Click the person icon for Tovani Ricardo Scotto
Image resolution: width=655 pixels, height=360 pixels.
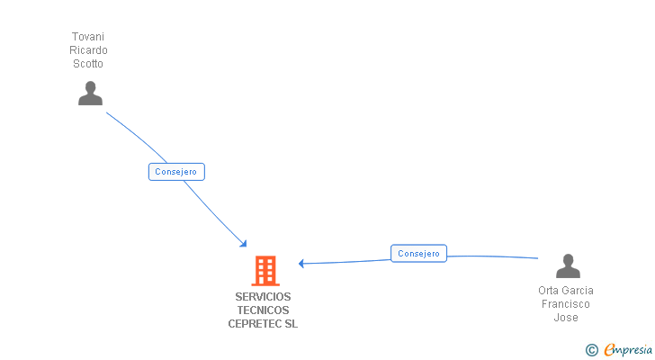tap(90, 93)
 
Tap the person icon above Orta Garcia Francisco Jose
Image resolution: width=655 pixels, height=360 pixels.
tap(568, 266)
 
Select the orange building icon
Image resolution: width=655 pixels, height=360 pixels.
tap(265, 270)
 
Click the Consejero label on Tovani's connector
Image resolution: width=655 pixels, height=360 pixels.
tap(177, 172)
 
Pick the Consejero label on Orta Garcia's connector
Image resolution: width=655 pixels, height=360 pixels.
tap(418, 254)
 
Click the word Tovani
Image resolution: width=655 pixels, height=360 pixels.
tap(88, 37)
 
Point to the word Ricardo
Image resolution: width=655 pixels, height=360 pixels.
tap(88, 50)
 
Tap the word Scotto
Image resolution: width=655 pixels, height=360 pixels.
tap(88, 64)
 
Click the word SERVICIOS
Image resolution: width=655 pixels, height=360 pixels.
tap(263, 297)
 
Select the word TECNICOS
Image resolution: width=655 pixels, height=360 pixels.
tap(263, 310)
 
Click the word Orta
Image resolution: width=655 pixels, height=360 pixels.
tap(549, 291)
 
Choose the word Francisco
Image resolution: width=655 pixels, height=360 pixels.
tap(565, 304)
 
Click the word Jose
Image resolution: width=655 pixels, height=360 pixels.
tap(565, 318)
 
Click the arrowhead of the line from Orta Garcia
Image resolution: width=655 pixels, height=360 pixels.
tap(302, 264)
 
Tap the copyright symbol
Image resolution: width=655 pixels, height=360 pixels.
tap(591, 350)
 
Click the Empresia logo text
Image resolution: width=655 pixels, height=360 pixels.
tap(628, 349)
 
